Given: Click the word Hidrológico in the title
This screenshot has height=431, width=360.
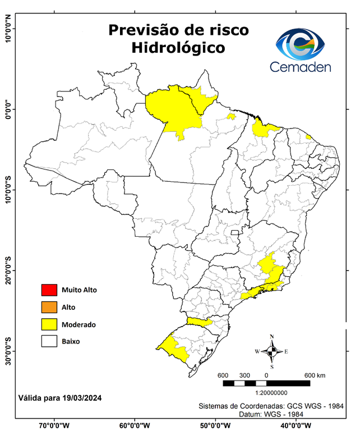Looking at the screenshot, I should point(178,48).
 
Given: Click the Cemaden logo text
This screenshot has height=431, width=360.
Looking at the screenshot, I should point(301,67).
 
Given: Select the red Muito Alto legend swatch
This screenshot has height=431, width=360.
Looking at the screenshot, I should point(49,290).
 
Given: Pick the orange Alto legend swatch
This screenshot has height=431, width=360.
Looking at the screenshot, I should point(49,307).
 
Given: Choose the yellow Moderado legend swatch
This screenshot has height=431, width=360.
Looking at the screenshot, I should point(49,324).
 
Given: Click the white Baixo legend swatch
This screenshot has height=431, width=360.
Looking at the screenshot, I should point(49,341).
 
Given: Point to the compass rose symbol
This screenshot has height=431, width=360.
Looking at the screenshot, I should point(271,351).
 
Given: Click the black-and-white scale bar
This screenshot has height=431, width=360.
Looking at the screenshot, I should point(266,383).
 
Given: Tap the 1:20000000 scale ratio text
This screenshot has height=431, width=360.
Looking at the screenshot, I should point(272,393).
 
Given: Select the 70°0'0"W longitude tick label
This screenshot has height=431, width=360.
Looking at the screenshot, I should point(54,425).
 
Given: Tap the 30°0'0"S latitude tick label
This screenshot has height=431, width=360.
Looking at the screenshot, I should point(8,351).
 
